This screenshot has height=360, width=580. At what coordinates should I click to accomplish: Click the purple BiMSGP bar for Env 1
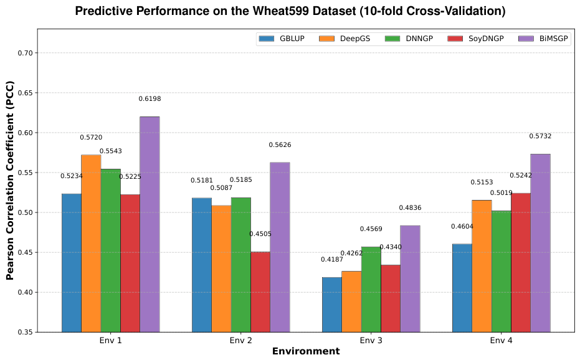pos(150,224)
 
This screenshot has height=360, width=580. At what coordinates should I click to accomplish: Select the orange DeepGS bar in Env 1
pos(91,244)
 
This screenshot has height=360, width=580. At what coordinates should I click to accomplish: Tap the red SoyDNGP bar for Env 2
pos(260,292)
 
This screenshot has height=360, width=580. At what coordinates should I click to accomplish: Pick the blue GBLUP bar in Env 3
pos(332,305)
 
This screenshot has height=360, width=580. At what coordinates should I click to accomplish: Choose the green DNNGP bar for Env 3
pos(371,290)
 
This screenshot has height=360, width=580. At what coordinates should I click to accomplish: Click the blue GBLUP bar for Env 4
pos(462,288)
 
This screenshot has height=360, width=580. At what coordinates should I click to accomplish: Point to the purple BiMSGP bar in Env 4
pos(540,243)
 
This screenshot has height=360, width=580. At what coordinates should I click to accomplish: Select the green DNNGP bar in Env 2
pos(241,265)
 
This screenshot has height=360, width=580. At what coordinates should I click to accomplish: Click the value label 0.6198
pos(150,99)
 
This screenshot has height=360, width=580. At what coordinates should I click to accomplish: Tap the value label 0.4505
pos(260,234)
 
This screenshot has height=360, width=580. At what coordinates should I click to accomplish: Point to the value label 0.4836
pos(410,208)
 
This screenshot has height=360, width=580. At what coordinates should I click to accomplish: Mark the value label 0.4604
pos(462,227)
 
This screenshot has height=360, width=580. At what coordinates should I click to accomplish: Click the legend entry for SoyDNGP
pos(476,39)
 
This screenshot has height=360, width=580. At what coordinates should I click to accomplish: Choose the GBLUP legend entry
pos(282,39)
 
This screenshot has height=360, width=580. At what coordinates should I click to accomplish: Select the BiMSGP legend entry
pos(543,39)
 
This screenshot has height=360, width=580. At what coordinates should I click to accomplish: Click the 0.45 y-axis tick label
pos(26,253)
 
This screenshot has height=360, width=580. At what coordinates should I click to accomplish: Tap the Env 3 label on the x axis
pos(371,341)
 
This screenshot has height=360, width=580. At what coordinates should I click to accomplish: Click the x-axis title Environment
pos(306,351)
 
